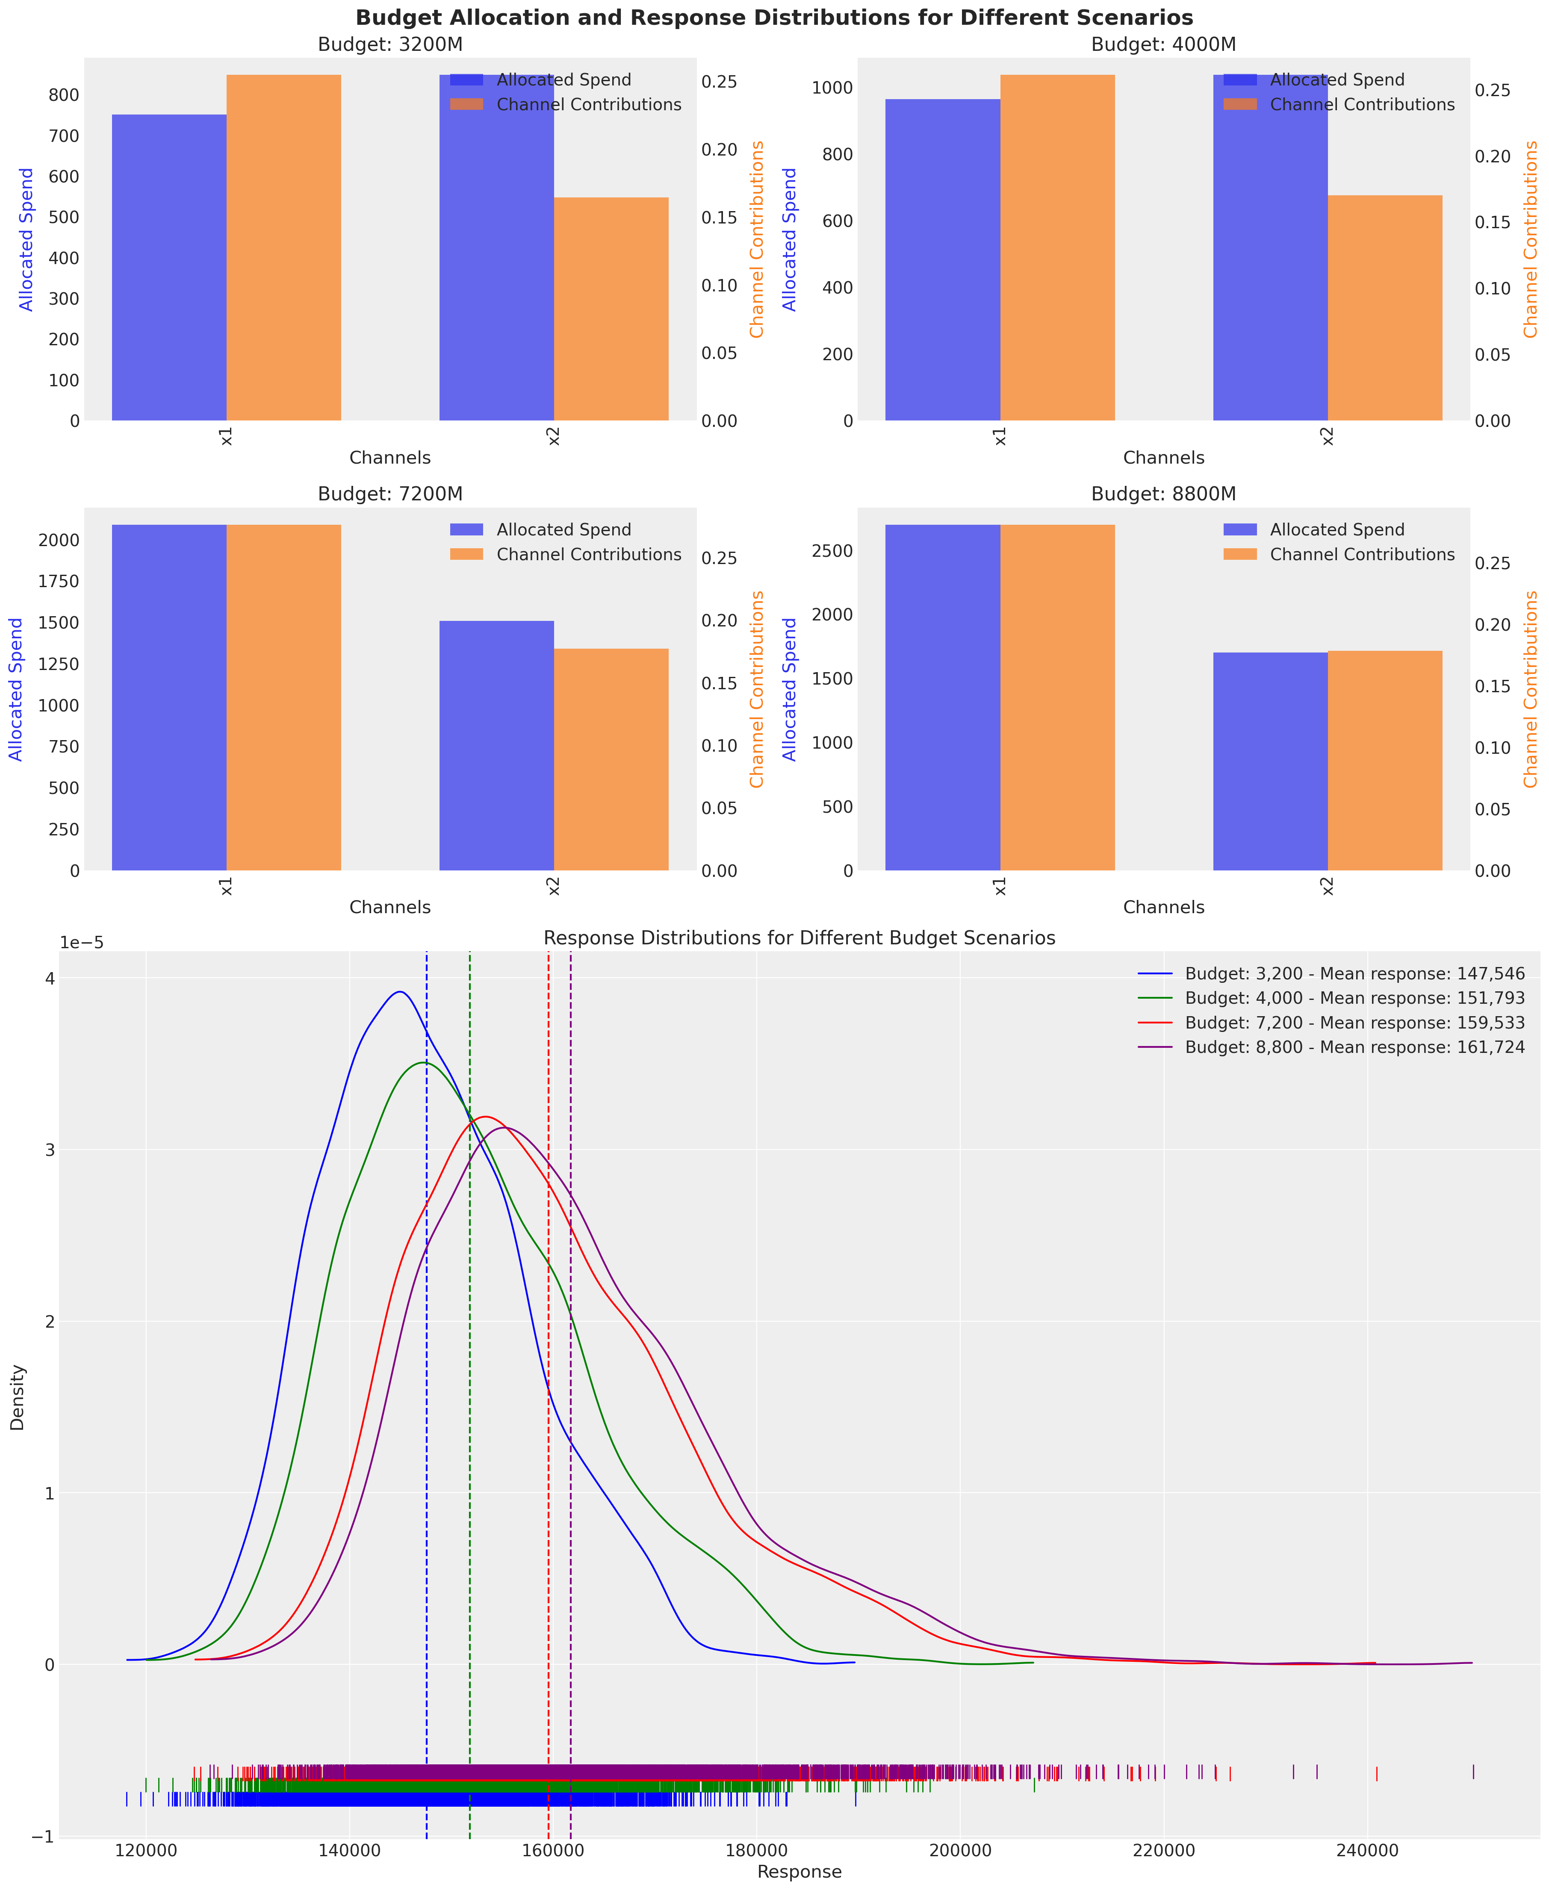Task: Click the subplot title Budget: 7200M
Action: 390,494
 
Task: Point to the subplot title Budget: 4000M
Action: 1163,44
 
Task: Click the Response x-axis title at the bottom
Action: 799,1871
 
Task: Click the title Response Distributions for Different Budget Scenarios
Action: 799,938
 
